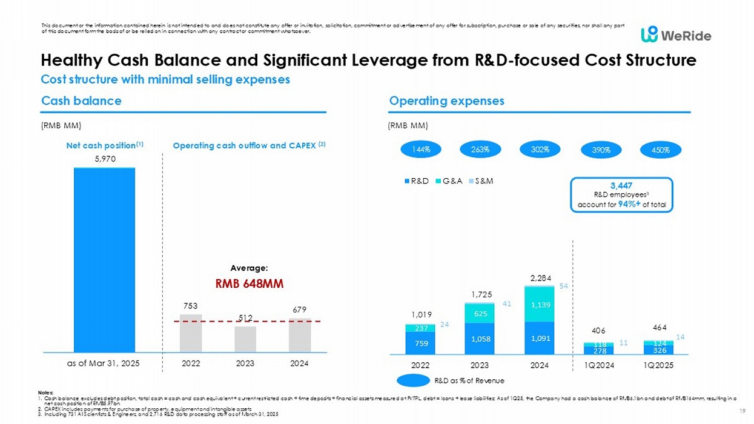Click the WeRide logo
click(676, 35)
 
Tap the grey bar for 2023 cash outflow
click(245, 339)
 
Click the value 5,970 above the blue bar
click(104, 159)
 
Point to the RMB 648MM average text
click(250, 283)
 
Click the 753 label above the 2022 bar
click(191, 306)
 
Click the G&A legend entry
click(453, 181)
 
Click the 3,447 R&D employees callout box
click(621, 194)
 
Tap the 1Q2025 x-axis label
click(658, 365)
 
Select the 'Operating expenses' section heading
click(447, 101)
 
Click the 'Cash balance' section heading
click(81, 101)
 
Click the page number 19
click(742, 411)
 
